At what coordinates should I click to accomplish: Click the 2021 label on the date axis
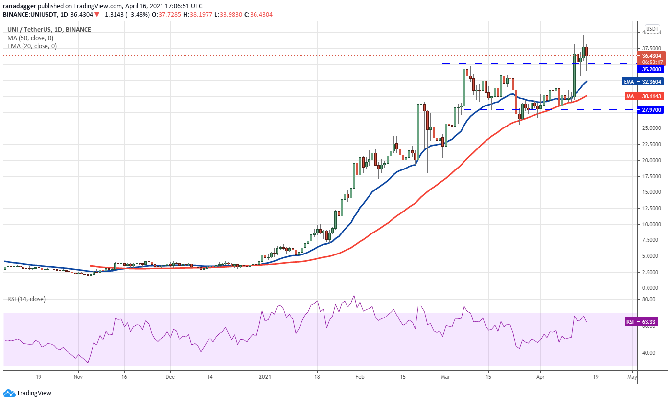265,377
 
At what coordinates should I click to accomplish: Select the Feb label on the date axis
360,377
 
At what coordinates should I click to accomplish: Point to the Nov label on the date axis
78,377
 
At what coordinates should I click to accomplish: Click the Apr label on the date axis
540,377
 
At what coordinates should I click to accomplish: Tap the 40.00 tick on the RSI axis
649,353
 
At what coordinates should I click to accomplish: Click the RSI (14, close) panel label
26,299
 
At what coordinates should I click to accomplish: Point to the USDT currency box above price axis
652,29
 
